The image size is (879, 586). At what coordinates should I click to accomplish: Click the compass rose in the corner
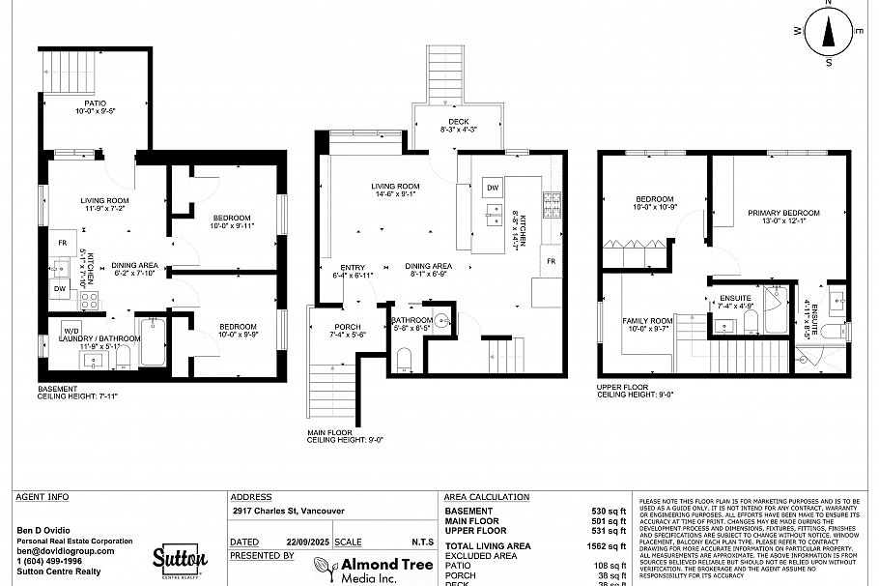click(828, 33)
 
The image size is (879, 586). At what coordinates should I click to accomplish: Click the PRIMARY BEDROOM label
click(782, 213)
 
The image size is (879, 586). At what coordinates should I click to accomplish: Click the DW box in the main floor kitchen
click(492, 188)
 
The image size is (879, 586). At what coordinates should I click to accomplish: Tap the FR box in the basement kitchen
click(62, 243)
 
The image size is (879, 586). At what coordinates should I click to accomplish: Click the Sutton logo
click(180, 560)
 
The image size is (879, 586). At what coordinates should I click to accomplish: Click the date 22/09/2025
click(301, 542)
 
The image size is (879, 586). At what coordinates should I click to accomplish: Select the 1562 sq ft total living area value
click(606, 546)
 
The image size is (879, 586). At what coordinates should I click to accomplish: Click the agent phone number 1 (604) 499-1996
click(49, 561)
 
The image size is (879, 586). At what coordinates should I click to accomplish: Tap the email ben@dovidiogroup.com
click(66, 551)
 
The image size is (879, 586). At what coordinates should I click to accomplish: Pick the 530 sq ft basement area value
click(609, 511)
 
